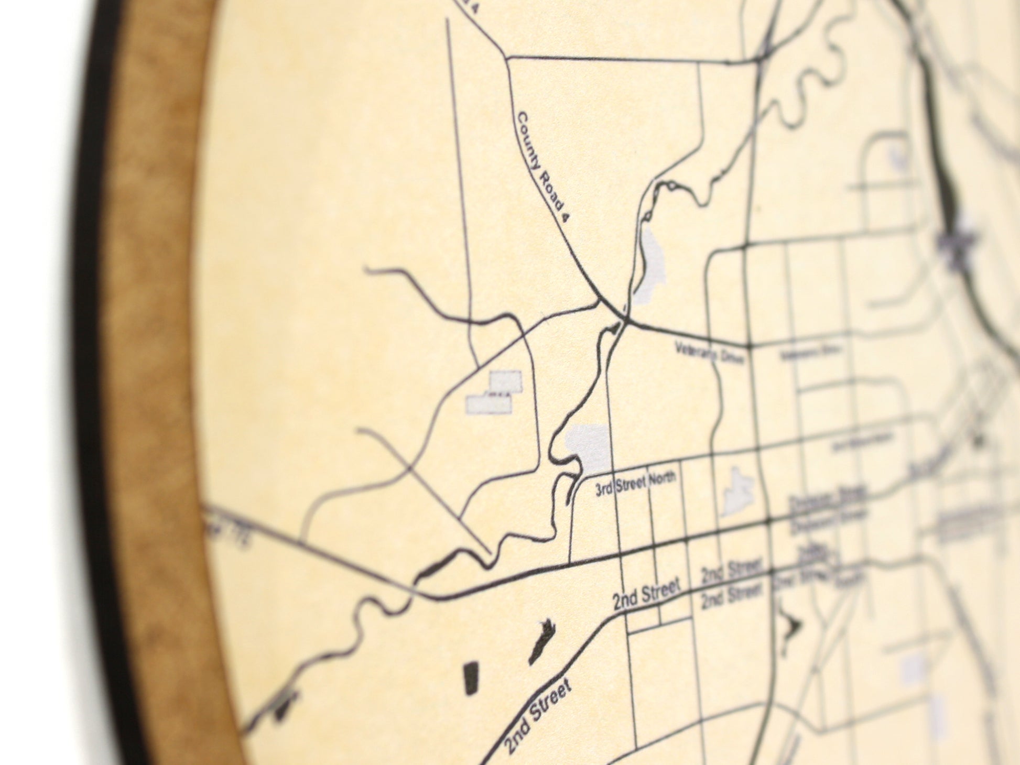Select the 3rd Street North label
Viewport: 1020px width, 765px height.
pos(635,484)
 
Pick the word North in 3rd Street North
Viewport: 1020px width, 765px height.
pos(662,478)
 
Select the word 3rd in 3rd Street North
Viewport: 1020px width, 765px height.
pos(604,489)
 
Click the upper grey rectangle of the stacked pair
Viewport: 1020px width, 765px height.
pos(506,381)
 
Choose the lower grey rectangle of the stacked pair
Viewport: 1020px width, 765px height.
pos(489,404)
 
